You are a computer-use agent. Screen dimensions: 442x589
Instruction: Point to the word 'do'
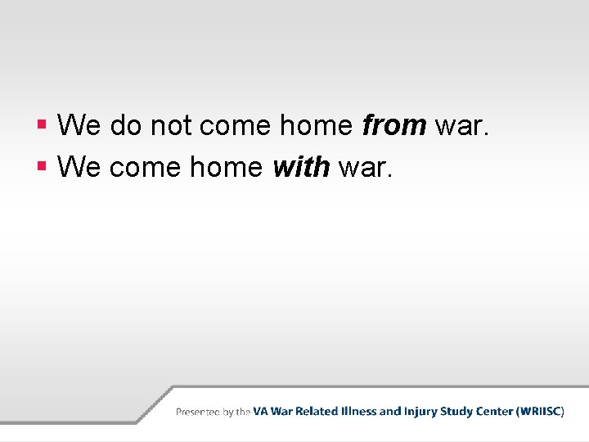point(124,125)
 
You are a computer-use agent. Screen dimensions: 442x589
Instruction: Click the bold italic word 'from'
point(393,125)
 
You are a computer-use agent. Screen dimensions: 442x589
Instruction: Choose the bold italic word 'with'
point(301,167)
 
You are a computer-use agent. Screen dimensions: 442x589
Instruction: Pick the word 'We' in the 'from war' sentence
point(79,125)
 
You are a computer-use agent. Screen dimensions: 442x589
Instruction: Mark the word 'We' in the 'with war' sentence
point(79,167)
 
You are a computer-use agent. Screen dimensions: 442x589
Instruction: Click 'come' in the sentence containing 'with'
point(145,167)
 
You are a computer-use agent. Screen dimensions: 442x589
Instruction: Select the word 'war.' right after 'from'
point(464,125)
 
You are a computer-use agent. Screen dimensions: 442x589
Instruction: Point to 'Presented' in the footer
point(198,412)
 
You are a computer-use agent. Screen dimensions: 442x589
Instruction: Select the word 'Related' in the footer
point(318,412)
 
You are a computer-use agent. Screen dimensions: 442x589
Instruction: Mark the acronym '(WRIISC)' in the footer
point(541,412)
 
